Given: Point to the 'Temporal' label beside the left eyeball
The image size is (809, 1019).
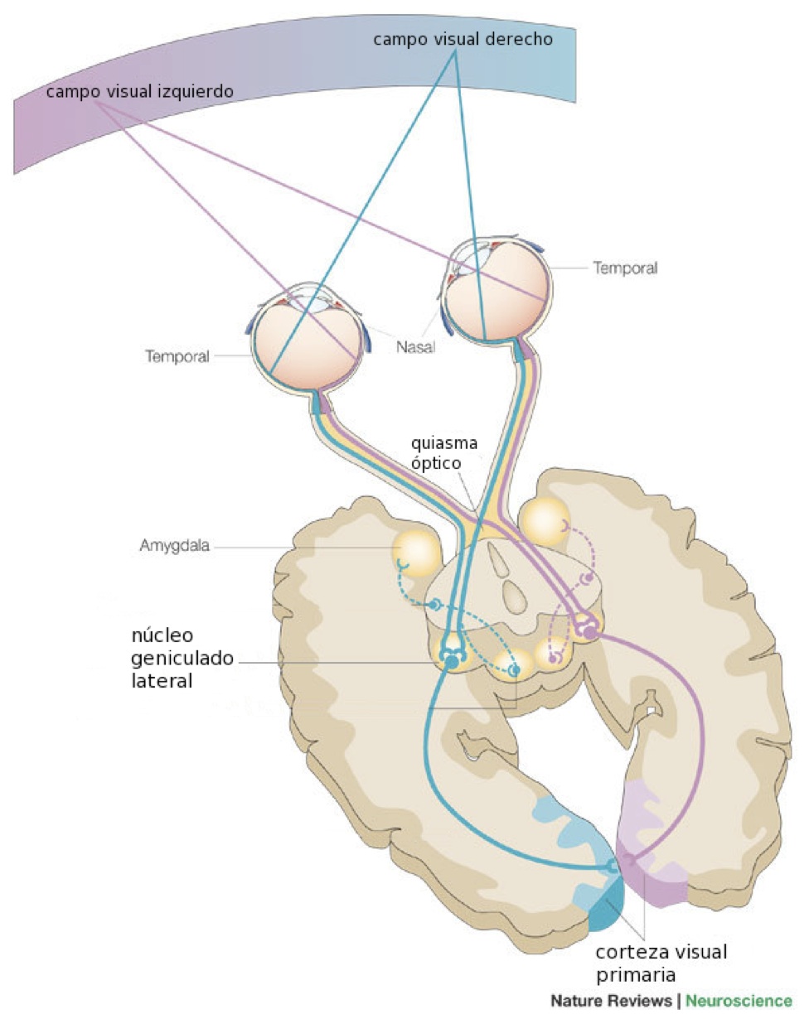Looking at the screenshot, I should [177, 357].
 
